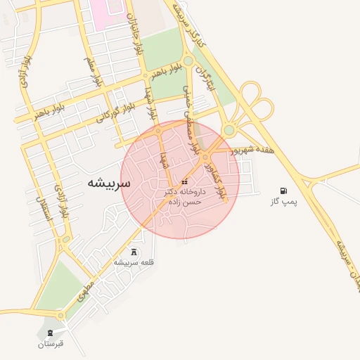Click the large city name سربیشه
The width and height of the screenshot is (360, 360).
coord(109,183)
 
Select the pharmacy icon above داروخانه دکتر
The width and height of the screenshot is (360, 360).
coord(184,182)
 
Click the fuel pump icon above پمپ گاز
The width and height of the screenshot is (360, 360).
coord(283,191)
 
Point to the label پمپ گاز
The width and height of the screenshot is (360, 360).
coord(284,202)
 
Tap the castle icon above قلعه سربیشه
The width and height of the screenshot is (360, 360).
coord(134,251)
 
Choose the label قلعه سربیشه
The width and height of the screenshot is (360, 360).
coord(134,262)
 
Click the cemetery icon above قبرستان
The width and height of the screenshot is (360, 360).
coord(50,333)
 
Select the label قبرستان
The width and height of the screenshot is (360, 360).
coord(51,344)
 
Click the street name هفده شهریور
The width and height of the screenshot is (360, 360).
coord(251,150)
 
